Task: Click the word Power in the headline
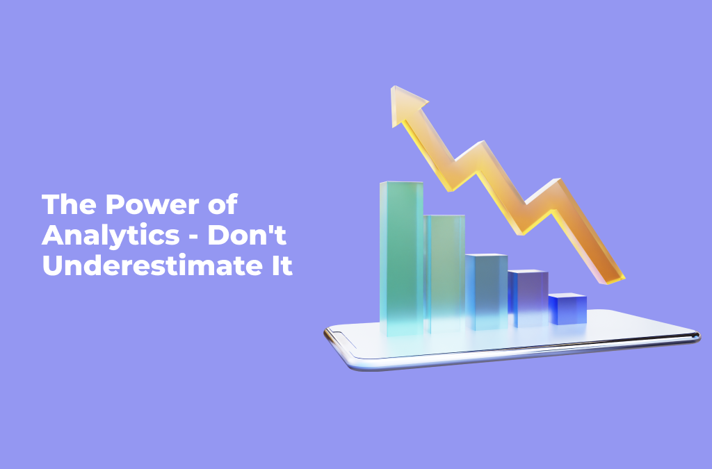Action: coord(152,204)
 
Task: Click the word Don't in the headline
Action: coord(247,235)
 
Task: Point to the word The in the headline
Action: coord(69,204)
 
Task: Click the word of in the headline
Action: coord(222,204)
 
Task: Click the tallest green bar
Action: coord(401,258)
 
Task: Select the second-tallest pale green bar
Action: coord(444,274)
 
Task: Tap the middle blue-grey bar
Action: coord(486,292)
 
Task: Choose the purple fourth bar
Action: coord(528,298)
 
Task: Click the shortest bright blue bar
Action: coord(567,308)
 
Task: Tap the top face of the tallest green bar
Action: coord(401,183)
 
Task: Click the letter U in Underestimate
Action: coord(51,265)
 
